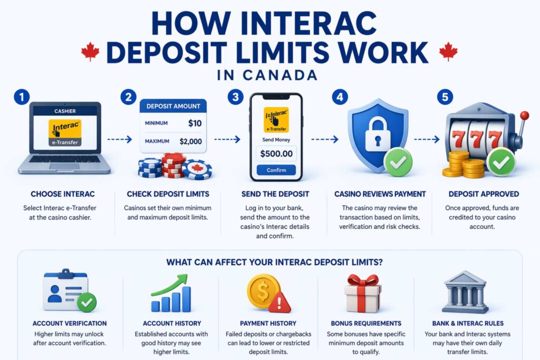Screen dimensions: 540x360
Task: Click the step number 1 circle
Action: pos(21,97)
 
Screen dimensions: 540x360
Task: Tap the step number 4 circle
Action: pos(339,97)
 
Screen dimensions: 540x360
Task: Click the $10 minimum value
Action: pos(194,123)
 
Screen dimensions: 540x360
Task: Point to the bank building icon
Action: pos(465,293)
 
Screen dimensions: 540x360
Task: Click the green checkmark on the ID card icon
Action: pos(86,302)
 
